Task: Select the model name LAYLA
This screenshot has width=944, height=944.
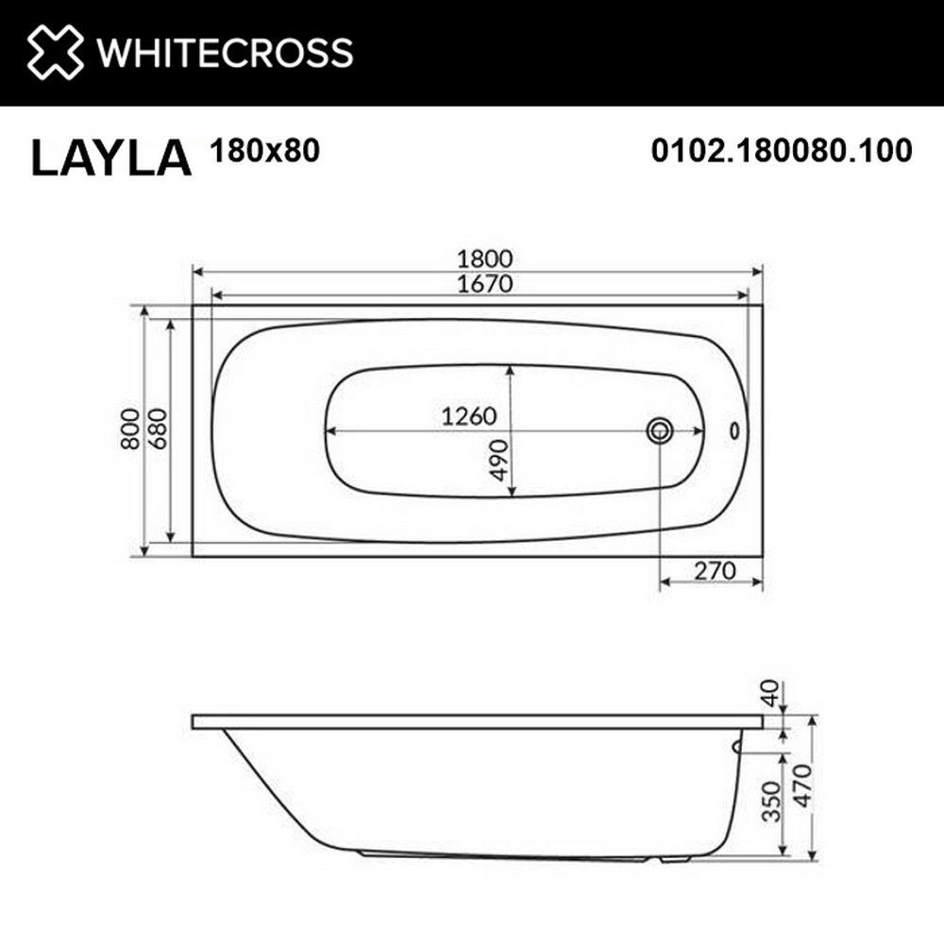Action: coord(110,159)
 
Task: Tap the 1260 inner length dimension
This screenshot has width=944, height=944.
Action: coord(465,415)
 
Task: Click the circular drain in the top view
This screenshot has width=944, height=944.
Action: coord(658,431)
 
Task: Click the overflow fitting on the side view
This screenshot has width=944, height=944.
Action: coord(737,747)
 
